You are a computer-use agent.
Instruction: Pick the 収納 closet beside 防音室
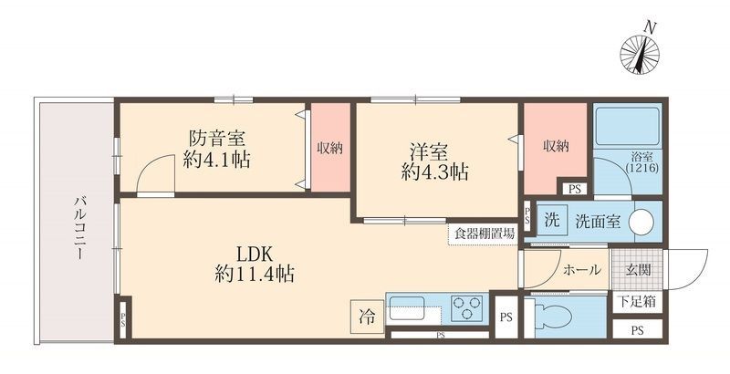328,149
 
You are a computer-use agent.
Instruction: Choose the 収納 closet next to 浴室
554,146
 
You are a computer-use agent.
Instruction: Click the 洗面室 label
598,222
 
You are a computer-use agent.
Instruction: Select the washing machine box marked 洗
551,222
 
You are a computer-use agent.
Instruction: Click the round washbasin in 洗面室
643,222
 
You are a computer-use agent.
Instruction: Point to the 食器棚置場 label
484,233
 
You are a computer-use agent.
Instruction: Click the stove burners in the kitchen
468,308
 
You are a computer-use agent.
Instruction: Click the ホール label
581,270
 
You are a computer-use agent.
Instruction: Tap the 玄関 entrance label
638,270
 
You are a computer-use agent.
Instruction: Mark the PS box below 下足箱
638,329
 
